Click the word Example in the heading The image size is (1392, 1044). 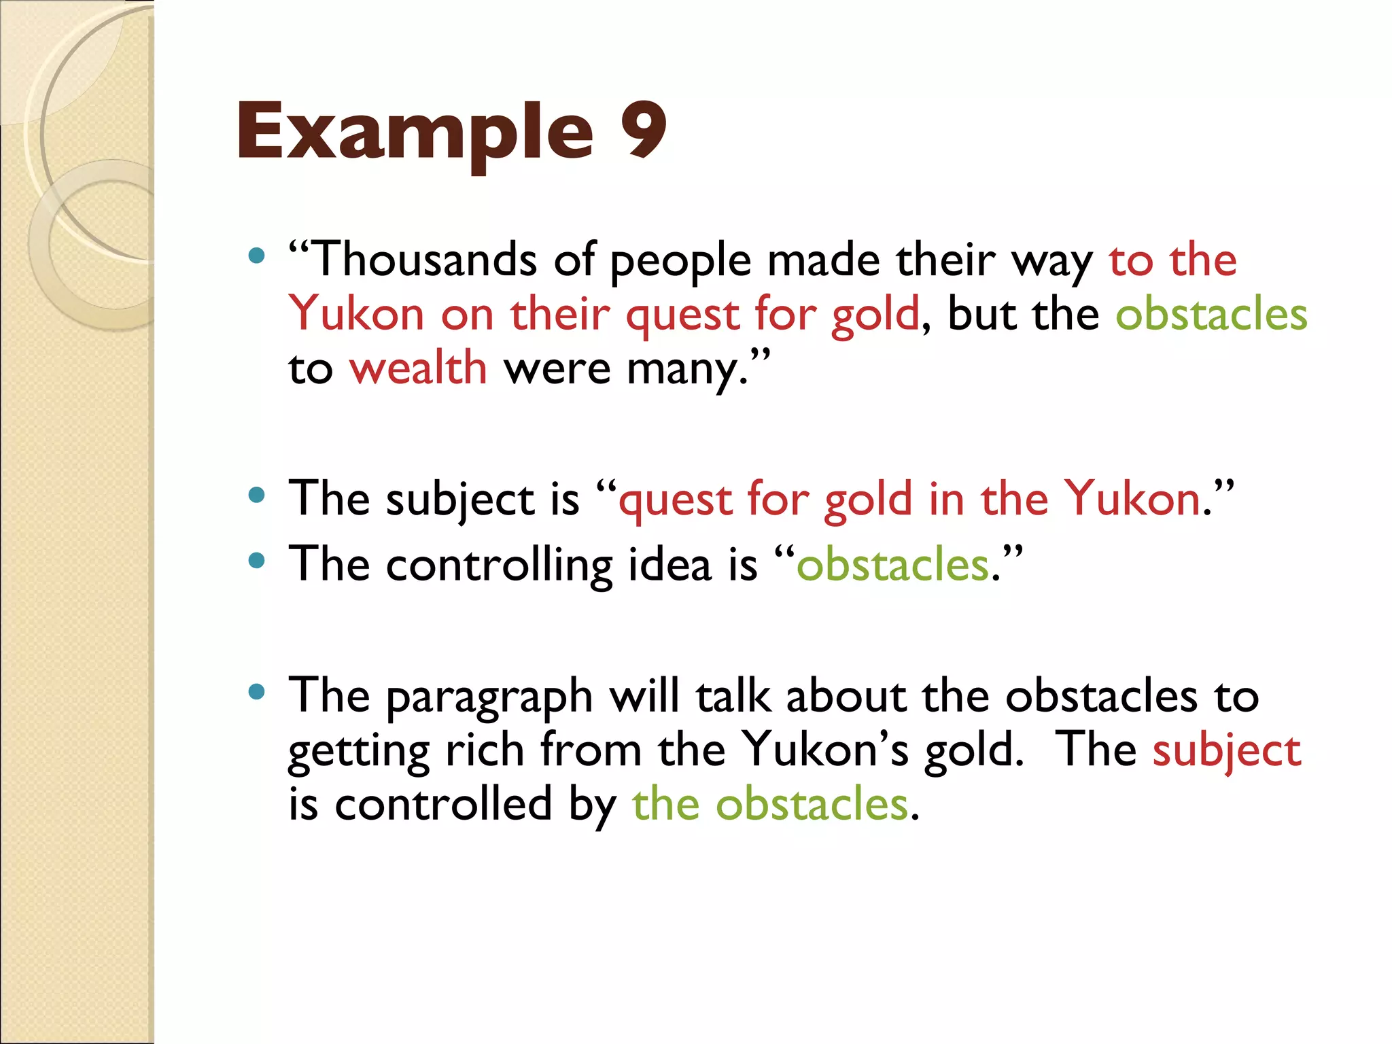click(415, 133)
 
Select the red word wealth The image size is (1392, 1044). click(418, 368)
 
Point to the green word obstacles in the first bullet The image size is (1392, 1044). click(1211, 314)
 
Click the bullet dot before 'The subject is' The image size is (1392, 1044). click(256, 495)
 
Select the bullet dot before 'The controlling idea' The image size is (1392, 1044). click(256, 561)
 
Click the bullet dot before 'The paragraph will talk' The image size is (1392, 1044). click(256, 692)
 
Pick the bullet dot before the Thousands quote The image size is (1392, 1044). click(256, 256)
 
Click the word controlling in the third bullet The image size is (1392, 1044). click(499, 565)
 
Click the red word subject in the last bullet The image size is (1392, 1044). click(1226, 752)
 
